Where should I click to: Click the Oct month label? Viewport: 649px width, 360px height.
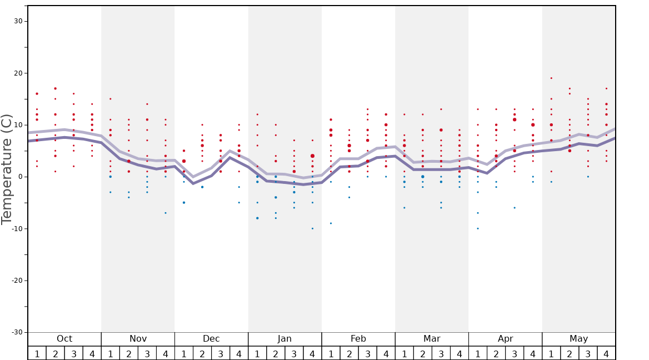64,339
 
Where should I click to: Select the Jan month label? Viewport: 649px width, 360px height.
284,339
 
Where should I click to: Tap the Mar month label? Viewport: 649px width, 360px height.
432,339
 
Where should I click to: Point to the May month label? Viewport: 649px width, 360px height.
578,339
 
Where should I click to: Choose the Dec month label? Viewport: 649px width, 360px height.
211,339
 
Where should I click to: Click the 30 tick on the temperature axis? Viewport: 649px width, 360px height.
18,21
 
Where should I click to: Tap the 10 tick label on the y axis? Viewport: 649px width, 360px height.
18,125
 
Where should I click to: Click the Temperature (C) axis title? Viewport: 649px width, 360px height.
7,169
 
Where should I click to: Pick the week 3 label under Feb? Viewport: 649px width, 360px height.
367,354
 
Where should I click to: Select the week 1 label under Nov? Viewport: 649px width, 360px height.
111,354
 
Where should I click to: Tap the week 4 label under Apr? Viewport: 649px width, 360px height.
533,354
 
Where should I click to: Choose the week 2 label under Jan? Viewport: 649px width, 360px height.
276,354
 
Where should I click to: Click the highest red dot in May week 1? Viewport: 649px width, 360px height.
551,78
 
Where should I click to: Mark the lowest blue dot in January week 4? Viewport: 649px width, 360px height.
312,228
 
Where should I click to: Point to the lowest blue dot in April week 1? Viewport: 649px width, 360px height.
478,228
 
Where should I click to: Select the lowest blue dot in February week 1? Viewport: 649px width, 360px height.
331,223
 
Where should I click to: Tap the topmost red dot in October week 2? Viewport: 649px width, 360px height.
56,88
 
